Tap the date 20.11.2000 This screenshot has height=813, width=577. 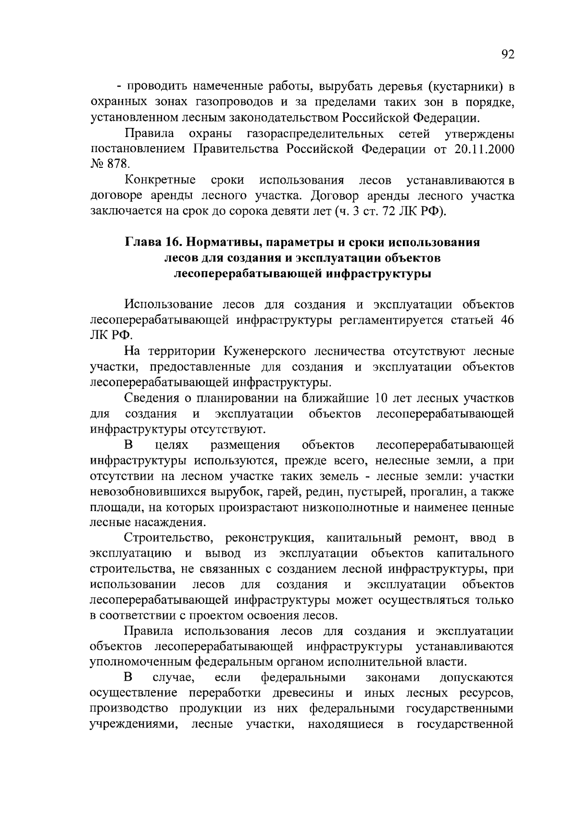tap(483, 149)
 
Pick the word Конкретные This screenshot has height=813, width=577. tap(160, 180)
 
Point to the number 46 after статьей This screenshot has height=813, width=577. tap(507, 320)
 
